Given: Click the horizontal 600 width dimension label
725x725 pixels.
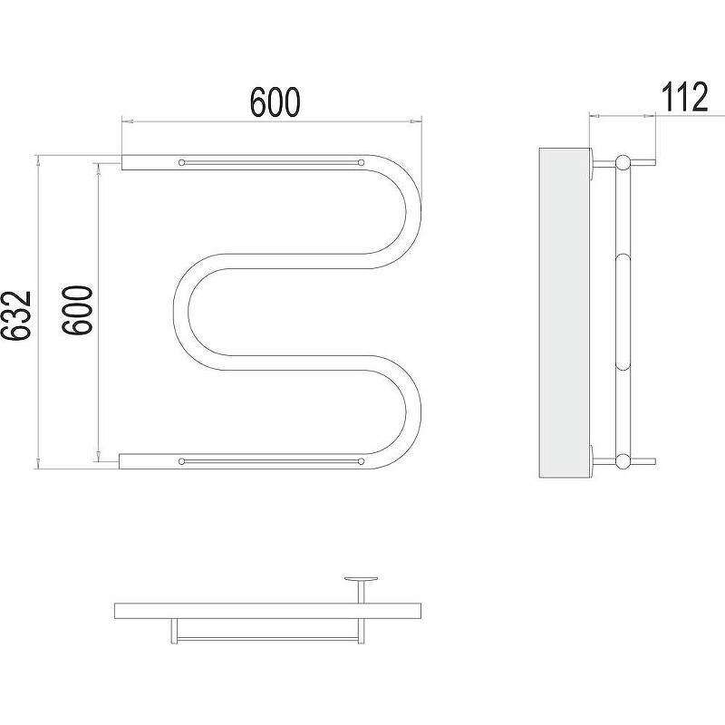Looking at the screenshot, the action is tap(275, 101).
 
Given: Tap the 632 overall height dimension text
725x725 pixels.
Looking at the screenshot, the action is tap(15, 315).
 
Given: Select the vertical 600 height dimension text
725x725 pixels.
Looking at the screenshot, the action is tap(77, 310).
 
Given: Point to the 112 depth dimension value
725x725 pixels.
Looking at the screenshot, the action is tap(684, 97).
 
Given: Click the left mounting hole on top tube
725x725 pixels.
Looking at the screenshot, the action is tap(181, 162).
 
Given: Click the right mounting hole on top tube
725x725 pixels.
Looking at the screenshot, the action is tap(361, 162).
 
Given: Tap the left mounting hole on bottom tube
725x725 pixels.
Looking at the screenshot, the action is tap(181, 461).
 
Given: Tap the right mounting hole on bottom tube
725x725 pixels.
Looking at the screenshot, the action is tap(361, 461).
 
